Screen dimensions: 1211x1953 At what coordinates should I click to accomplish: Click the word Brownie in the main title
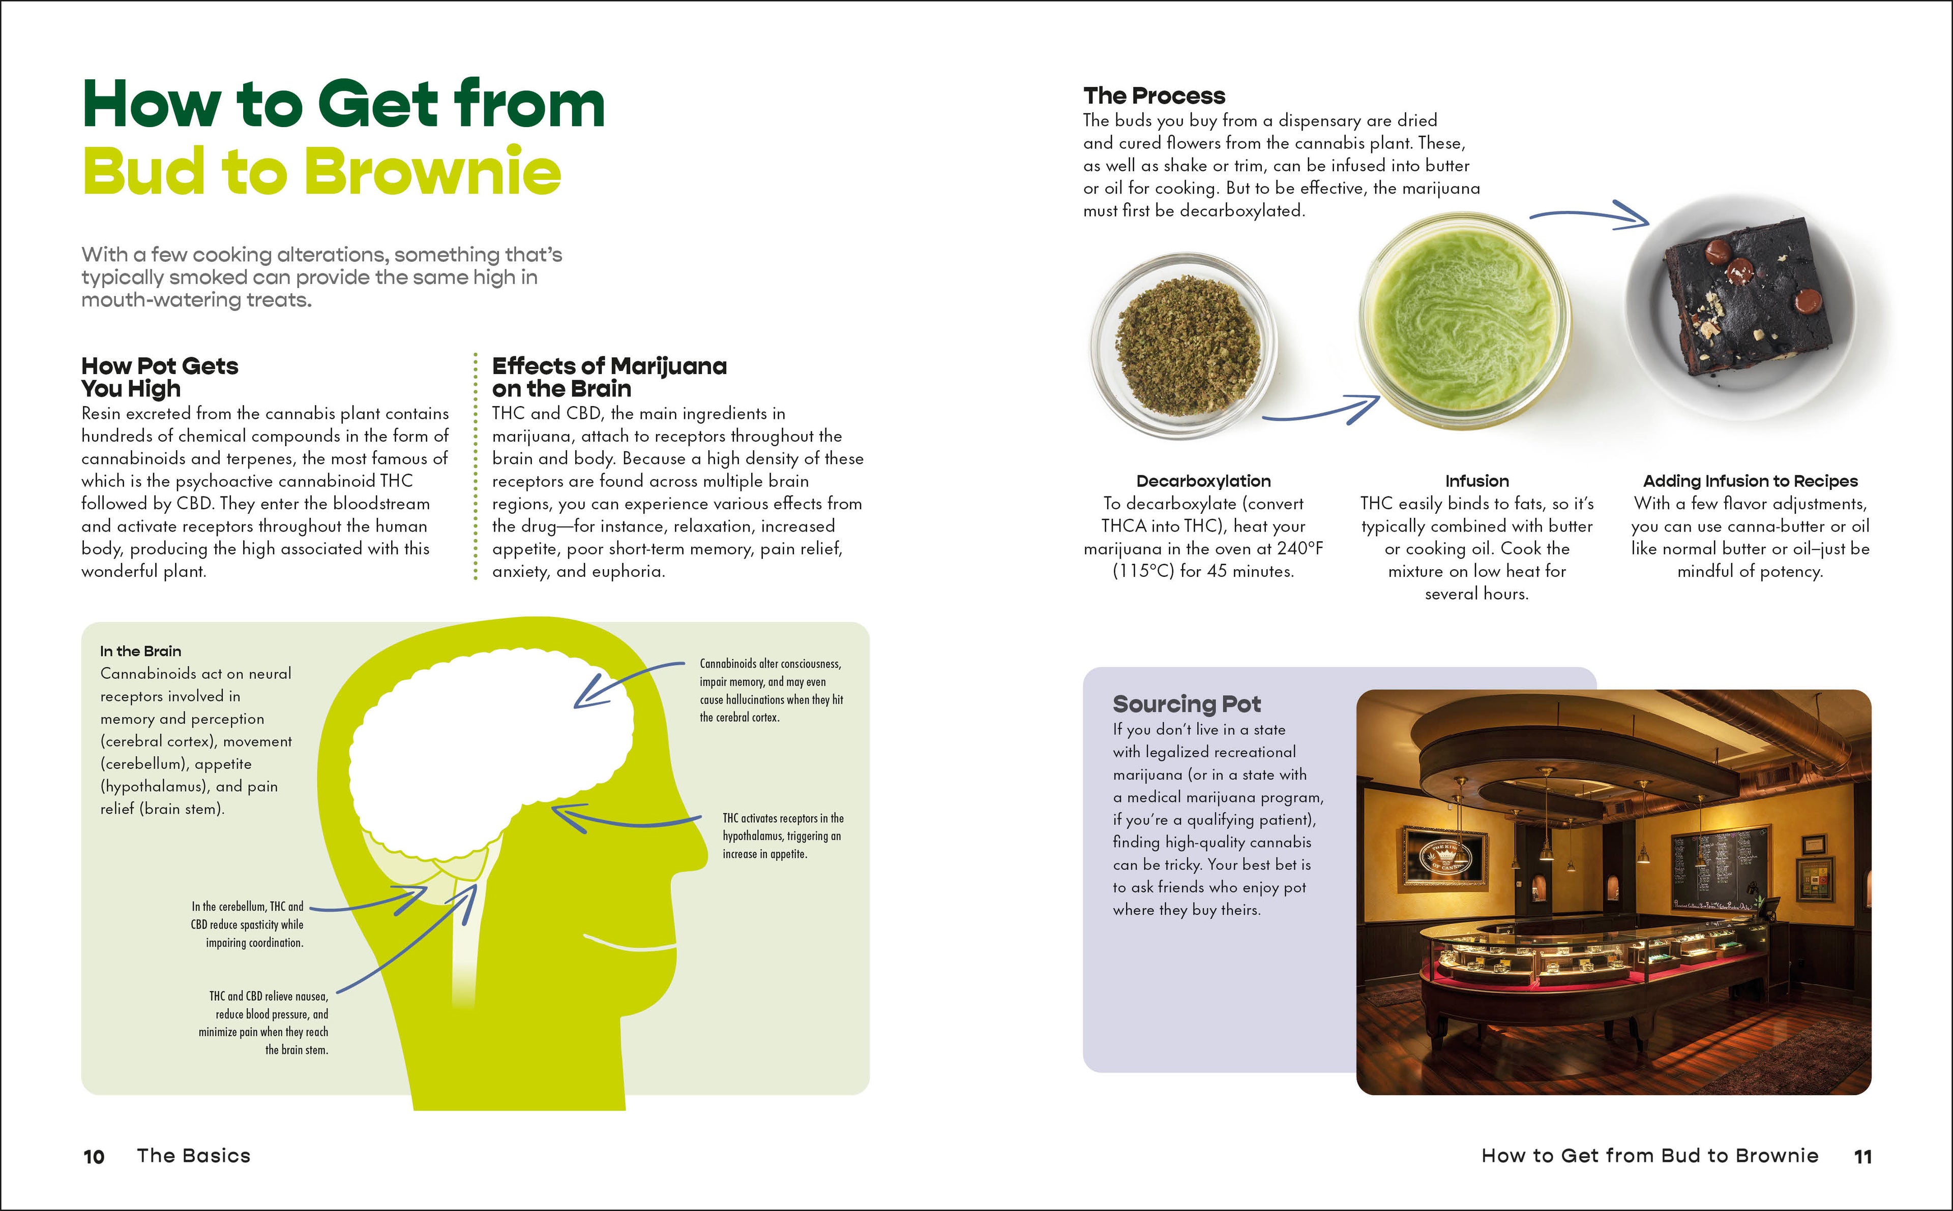433,172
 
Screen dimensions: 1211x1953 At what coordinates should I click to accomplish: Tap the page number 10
94,1157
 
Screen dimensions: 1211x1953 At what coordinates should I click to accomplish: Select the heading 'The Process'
1154,96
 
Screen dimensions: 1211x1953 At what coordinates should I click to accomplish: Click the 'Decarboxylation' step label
1203,481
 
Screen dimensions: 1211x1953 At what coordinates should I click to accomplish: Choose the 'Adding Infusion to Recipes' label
1750,481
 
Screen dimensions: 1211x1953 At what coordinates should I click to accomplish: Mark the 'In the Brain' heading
140,651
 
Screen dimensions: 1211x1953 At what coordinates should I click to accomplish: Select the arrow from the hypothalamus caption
625,819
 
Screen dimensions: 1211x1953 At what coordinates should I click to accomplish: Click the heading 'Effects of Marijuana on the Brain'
609,377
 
